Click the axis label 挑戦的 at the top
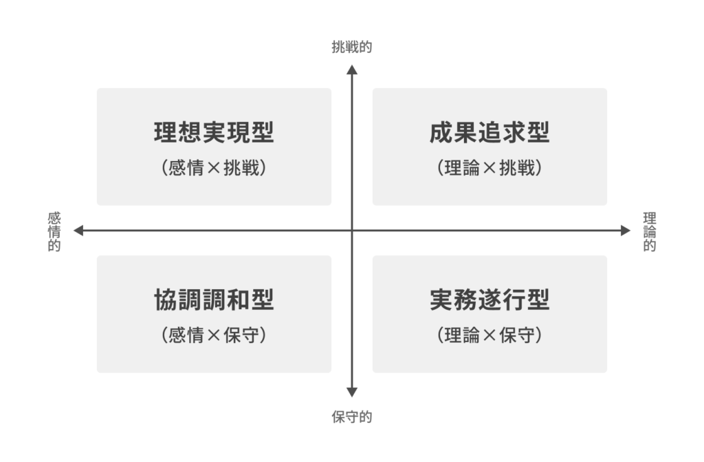click(352, 47)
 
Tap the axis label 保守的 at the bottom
click(352, 417)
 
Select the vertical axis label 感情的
click(54, 231)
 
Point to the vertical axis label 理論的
click(650, 231)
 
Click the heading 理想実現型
click(214, 132)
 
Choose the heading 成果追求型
click(489, 132)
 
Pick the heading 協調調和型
click(214, 300)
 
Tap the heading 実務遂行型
click(489, 300)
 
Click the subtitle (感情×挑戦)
click(214, 168)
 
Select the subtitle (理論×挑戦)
click(489, 168)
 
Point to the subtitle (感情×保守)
click(214, 335)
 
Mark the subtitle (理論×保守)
click(489, 335)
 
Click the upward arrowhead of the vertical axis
click(352, 70)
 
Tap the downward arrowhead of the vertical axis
click(352, 392)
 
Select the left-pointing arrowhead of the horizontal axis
click(78, 231)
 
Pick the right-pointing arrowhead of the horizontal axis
click(626, 231)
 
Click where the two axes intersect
click(352, 231)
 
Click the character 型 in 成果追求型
click(538, 132)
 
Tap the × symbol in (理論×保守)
click(489, 335)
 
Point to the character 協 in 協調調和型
click(166, 300)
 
